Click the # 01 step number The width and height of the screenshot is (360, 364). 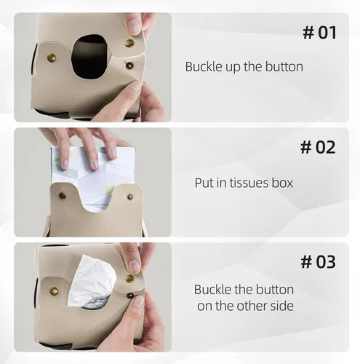(x=320, y=33)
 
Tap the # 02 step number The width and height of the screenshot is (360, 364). (x=318, y=147)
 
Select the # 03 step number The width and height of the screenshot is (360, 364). (x=319, y=261)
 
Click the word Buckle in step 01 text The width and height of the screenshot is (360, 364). (x=204, y=66)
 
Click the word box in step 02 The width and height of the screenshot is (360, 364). (x=282, y=183)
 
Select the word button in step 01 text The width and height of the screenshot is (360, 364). (x=284, y=66)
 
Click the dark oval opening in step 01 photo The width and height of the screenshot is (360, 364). (x=91, y=57)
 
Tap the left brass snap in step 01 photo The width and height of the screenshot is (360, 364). (x=51, y=58)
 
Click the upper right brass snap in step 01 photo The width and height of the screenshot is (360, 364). (x=129, y=44)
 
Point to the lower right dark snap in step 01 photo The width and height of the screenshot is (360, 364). (x=129, y=66)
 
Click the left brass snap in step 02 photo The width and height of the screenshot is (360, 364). (x=63, y=195)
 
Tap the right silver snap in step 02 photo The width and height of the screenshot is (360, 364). (x=130, y=197)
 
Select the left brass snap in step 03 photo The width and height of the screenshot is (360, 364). (x=54, y=290)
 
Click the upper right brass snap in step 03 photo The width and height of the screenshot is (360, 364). (x=129, y=278)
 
